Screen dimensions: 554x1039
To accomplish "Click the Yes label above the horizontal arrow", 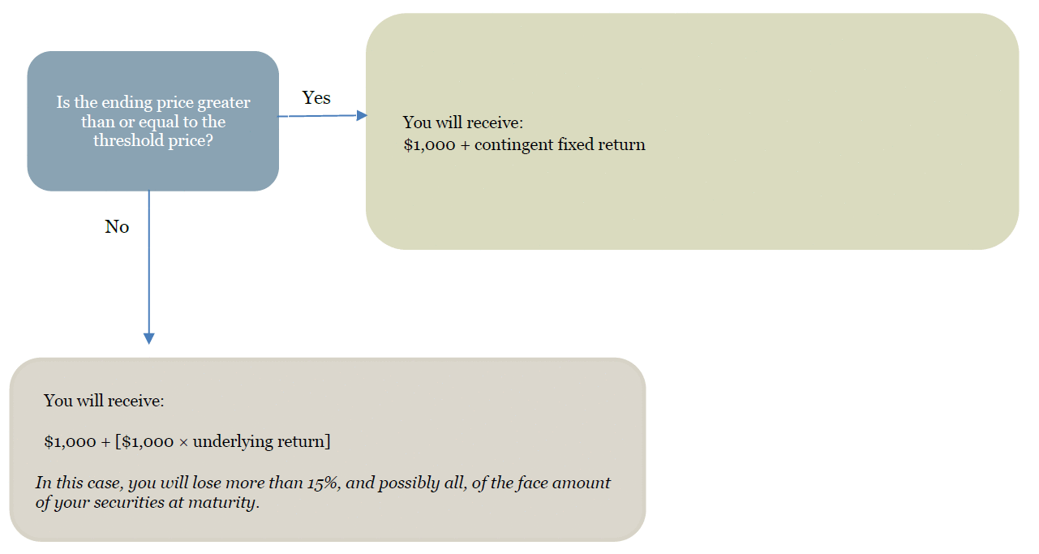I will [x=316, y=98].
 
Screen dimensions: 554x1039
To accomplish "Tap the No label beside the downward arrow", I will [x=117, y=227].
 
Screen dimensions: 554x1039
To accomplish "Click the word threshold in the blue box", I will [x=128, y=140].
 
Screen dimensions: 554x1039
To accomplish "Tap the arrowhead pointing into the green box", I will [x=362, y=115].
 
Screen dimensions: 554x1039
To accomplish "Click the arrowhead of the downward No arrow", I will [x=148, y=338].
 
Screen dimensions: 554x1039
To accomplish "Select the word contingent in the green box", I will [x=515, y=145].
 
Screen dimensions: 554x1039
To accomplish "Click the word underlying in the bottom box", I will [x=230, y=442].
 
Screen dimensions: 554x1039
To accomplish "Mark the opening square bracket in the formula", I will [x=118, y=442].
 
